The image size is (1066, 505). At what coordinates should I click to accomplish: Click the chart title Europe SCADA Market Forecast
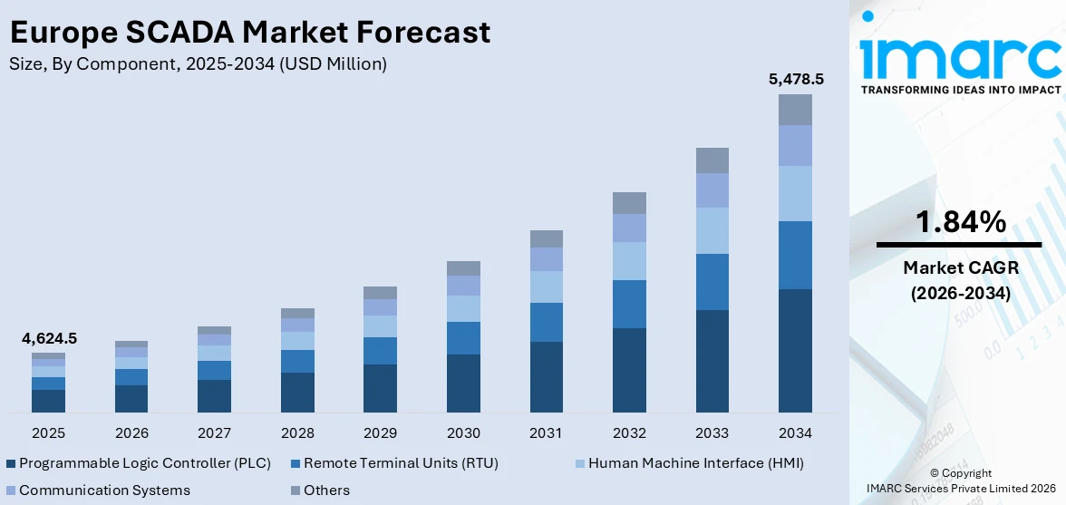point(249,32)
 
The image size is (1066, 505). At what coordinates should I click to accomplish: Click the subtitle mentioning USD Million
point(198,64)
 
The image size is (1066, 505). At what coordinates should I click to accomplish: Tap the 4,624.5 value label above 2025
point(49,338)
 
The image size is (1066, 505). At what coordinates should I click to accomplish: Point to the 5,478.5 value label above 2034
point(795,79)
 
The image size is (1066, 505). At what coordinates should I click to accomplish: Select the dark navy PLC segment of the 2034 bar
point(795,350)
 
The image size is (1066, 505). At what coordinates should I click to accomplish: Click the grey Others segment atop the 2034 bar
point(795,109)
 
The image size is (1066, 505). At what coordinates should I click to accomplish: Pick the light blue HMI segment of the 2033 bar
point(712,230)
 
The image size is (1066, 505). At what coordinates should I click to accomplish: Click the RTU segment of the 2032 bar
point(629,304)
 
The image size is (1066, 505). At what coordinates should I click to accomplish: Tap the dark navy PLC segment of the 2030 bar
point(463,383)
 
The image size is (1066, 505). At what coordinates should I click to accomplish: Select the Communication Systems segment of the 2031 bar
point(547,259)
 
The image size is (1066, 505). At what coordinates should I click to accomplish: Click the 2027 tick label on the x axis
point(214,432)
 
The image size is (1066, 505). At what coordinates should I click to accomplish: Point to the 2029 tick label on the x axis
point(380,432)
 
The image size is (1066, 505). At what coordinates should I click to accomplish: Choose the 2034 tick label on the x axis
point(795,432)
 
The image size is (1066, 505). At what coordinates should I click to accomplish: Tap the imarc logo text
point(960,56)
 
